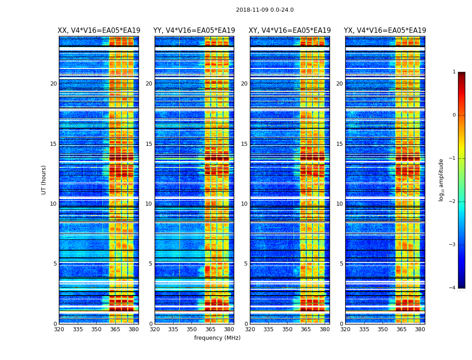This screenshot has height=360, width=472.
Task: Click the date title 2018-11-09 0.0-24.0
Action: coord(265,10)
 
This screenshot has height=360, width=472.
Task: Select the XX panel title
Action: coord(99,31)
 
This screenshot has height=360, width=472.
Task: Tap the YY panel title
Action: coord(194,31)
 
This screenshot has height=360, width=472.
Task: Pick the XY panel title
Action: coord(290,31)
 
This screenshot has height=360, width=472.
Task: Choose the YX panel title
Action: coord(385,31)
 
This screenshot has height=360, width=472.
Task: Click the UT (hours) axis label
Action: coord(44,180)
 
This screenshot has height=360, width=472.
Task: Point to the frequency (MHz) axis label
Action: coord(217,338)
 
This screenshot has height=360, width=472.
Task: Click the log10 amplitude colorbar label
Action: coord(441,180)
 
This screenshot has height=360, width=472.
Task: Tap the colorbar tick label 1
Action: coord(454,72)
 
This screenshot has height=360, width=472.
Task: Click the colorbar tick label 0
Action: coord(454,115)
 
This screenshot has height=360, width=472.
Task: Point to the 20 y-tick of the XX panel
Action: coord(53,84)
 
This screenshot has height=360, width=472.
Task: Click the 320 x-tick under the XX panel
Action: coord(59,329)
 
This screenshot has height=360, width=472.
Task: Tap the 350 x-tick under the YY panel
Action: coord(192,329)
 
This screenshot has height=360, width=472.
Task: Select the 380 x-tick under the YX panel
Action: coord(420,329)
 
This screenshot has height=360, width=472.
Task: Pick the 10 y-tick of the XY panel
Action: coord(244,204)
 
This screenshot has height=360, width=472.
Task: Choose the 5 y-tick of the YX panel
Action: coord(341,264)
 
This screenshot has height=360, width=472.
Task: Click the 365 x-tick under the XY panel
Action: coord(306,329)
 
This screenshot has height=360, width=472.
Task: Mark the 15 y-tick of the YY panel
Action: coord(149,144)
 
